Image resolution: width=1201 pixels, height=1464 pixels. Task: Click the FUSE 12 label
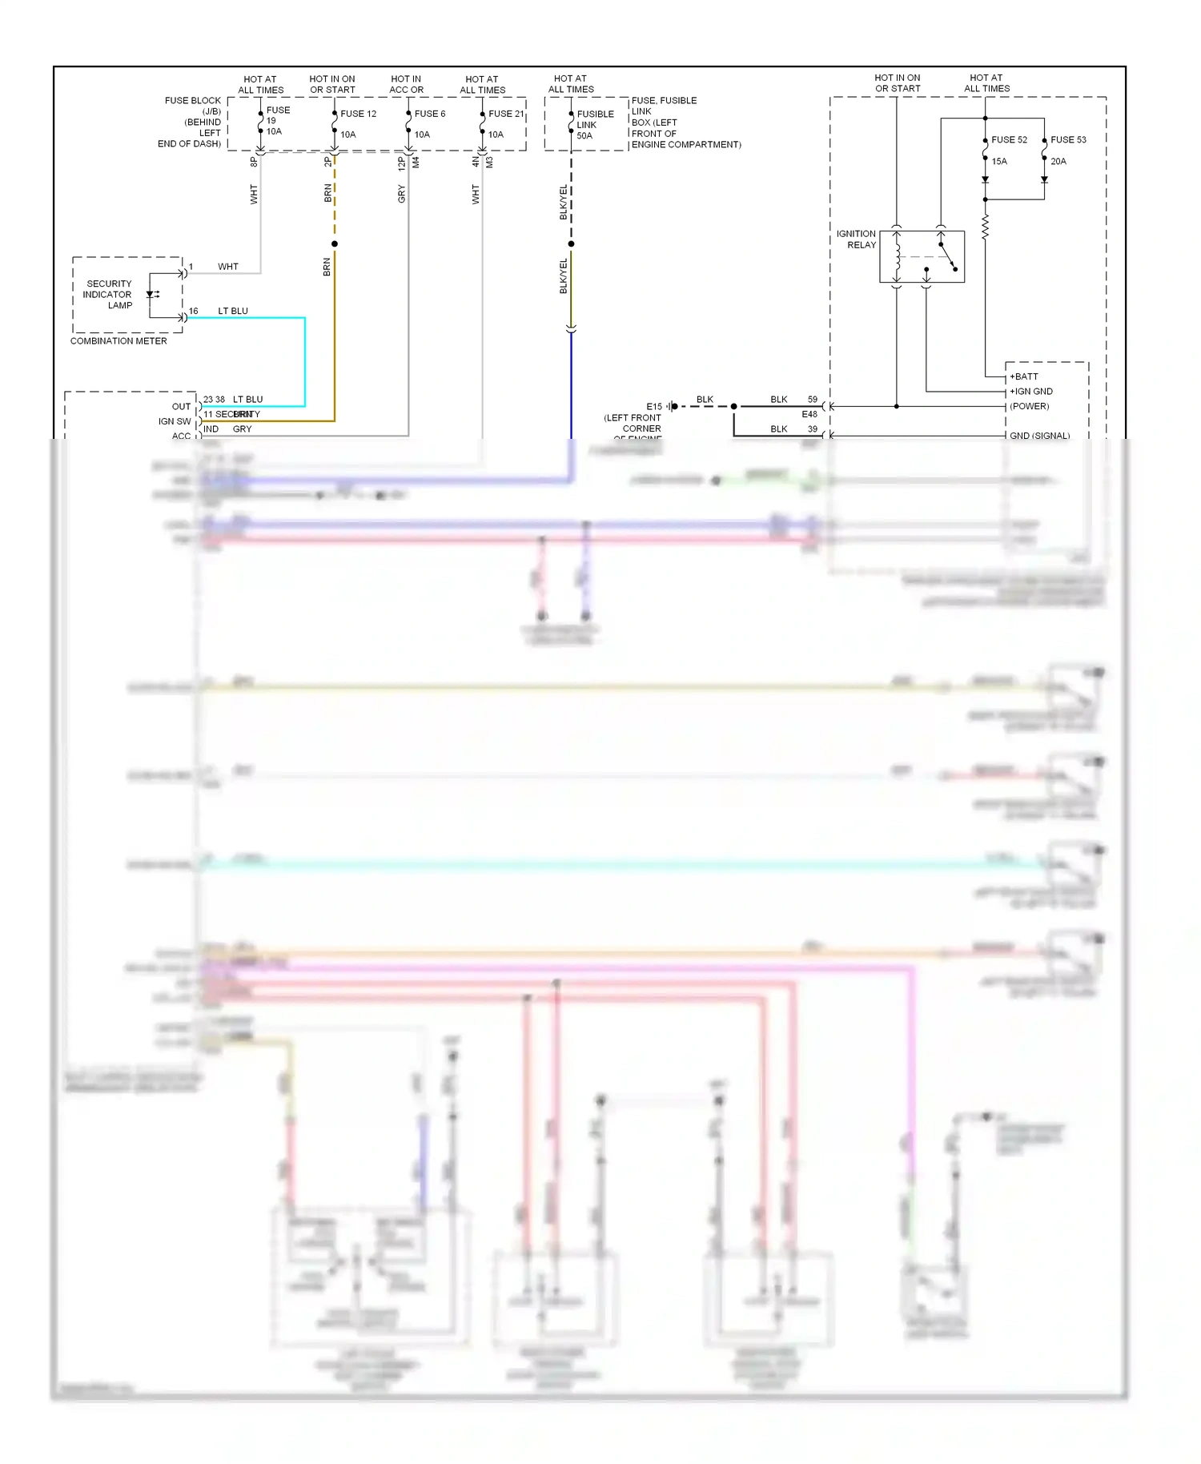click(x=358, y=114)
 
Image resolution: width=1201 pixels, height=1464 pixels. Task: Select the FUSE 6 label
click(x=430, y=114)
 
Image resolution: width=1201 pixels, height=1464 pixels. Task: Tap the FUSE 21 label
click(x=506, y=114)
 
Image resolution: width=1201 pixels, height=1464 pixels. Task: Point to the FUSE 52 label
click(x=1009, y=139)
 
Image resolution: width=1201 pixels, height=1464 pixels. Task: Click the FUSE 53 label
click(x=1068, y=139)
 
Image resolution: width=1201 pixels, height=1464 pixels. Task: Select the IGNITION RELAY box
click(x=922, y=256)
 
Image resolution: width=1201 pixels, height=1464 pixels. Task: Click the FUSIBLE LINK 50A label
click(x=595, y=125)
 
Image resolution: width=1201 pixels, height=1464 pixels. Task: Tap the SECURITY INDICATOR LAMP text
click(x=108, y=294)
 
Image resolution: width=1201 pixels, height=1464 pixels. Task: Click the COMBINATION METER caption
click(x=118, y=341)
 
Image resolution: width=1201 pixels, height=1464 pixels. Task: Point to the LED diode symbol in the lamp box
click(x=151, y=295)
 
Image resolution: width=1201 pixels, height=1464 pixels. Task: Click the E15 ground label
click(x=654, y=407)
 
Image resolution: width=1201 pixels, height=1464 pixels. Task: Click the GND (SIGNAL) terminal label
click(x=1039, y=436)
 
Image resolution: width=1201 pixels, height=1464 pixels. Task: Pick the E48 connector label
click(x=809, y=414)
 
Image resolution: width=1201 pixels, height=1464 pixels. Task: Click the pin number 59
click(x=813, y=399)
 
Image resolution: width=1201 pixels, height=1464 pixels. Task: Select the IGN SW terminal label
click(x=175, y=421)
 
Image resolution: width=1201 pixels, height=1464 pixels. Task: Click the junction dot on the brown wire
click(x=335, y=243)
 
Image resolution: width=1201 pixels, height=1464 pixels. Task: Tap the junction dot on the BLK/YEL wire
click(x=571, y=243)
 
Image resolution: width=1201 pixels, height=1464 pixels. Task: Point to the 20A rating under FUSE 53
click(x=1058, y=161)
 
